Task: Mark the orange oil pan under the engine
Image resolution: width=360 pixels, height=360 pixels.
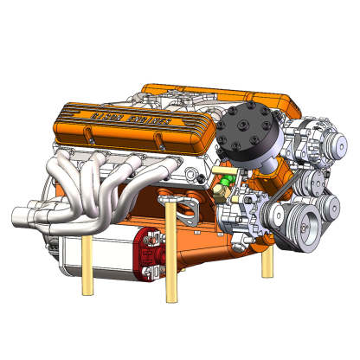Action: coord(208,247)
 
